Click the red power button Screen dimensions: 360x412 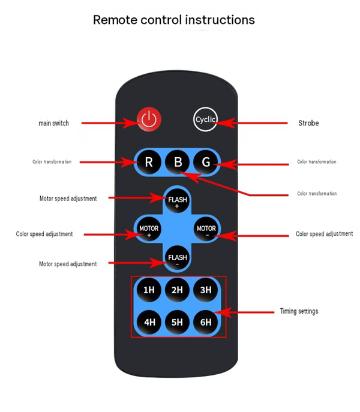pos(149,119)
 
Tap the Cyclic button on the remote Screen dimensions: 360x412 pos(205,119)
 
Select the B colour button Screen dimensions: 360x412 pos(177,162)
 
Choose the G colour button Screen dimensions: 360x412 pos(206,162)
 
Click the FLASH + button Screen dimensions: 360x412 pos(177,200)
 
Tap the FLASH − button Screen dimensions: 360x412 pos(177,258)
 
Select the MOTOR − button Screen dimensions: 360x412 pos(206,229)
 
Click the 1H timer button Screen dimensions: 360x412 pos(149,290)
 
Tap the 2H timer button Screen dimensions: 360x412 pos(177,290)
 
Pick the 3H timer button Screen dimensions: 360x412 pos(206,290)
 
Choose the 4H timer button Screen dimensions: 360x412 pos(149,322)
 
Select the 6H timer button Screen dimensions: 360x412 pos(206,322)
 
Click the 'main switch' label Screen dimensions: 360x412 pos(53,123)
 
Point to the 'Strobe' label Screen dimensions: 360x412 pos(308,123)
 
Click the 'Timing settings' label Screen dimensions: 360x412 pos(299,311)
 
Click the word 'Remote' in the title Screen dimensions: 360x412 pos(115,20)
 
